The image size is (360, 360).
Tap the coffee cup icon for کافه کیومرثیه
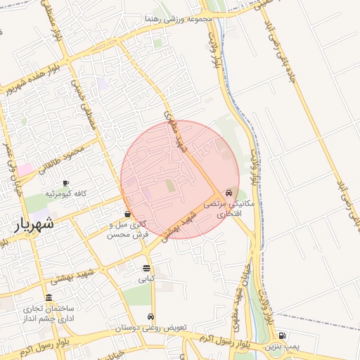(65, 183)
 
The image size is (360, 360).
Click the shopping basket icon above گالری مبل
(127, 214)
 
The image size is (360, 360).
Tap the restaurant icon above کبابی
(146, 268)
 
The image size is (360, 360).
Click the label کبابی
(146, 278)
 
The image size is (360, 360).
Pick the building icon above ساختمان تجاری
(49, 297)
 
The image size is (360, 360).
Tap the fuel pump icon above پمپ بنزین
(282, 336)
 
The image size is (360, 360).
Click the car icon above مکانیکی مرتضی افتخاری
(229, 192)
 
